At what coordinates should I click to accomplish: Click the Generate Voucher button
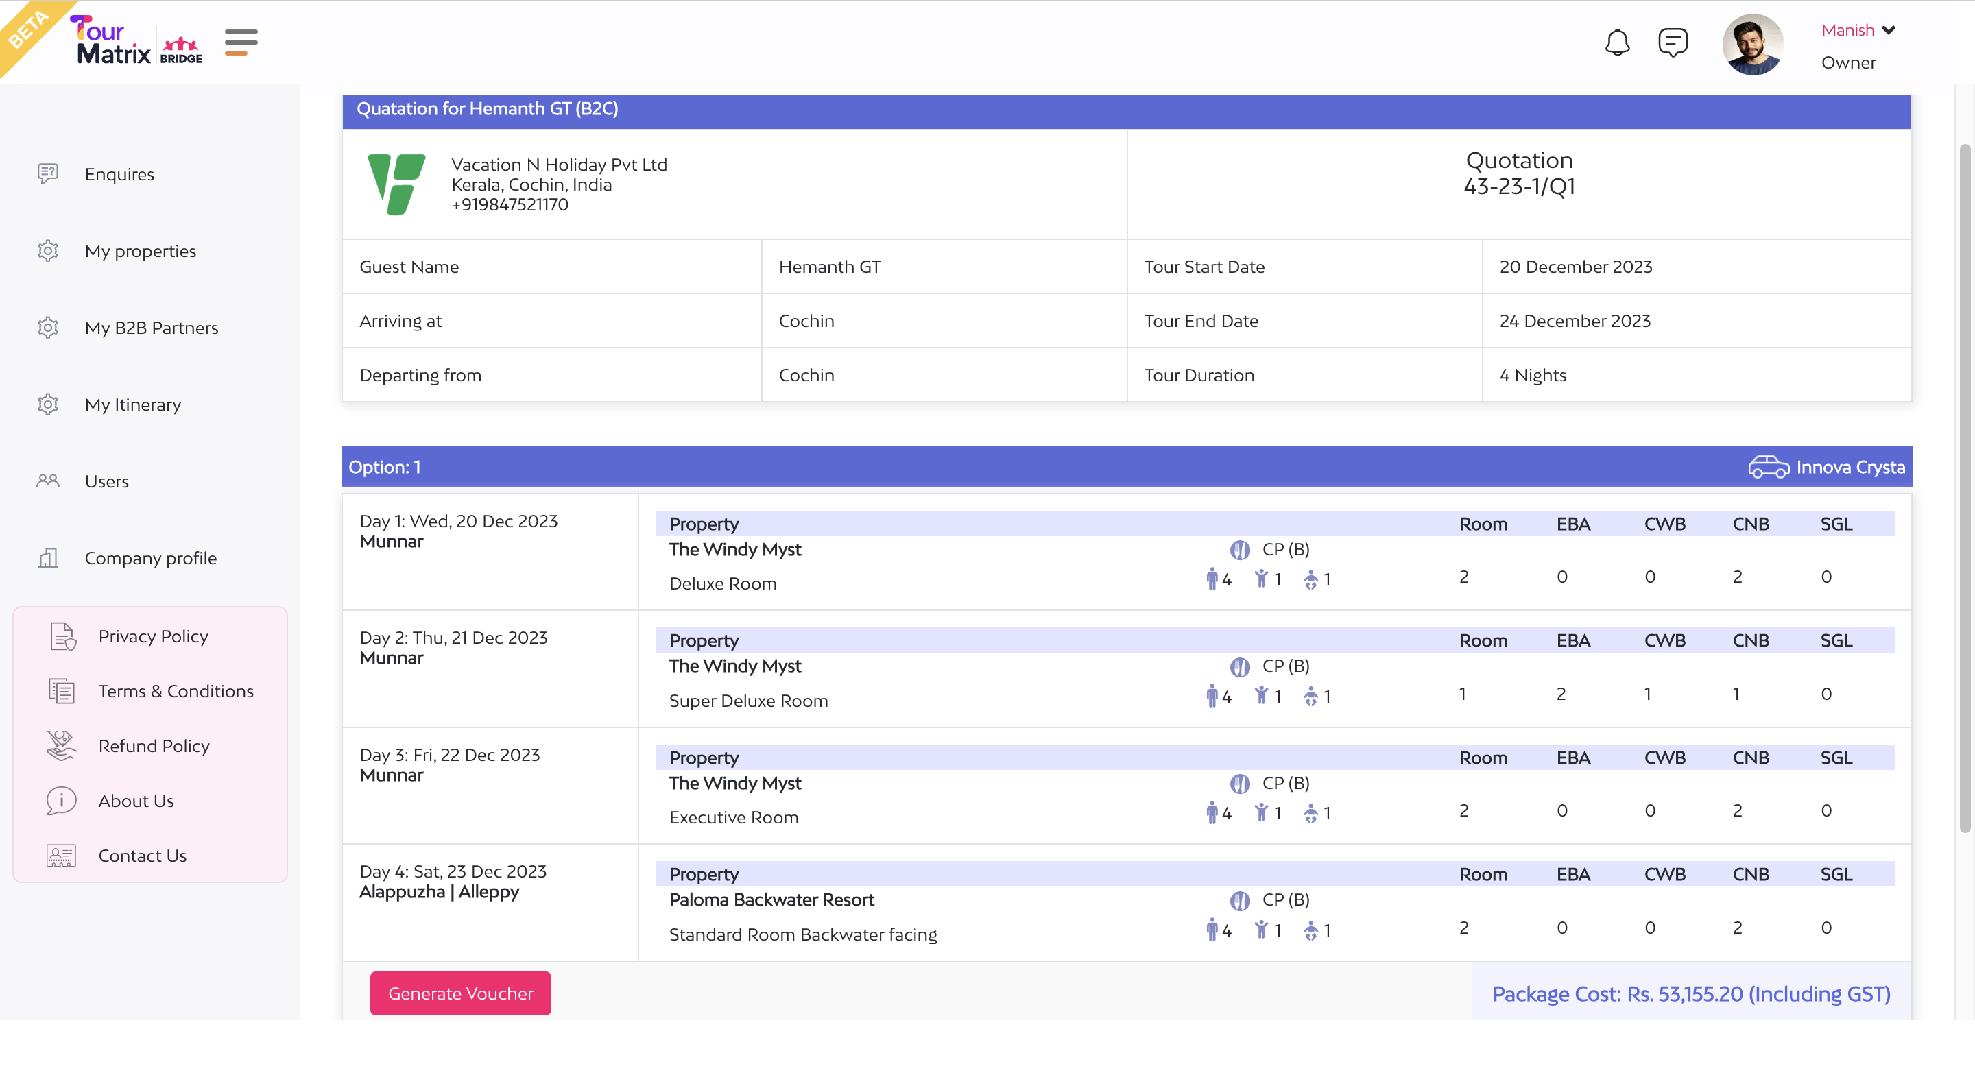[460, 993]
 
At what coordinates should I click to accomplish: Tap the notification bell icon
[1617, 43]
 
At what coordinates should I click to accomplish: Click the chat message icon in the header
[1672, 43]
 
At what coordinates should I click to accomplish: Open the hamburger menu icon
[241, 43]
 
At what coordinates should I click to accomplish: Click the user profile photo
[1752, 45]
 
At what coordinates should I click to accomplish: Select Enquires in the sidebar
[119, 174]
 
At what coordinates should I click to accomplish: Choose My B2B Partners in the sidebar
[151, 328]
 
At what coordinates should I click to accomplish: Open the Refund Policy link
[154, 745]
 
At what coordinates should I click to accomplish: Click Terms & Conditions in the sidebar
[176, 691]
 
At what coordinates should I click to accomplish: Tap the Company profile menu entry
[150, 557]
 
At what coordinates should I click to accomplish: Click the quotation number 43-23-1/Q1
[1519, 186]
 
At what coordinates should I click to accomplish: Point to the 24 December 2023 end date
[1575, 320]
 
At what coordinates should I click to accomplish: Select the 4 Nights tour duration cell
[1533, 375]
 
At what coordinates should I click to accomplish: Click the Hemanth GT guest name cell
[830, 267]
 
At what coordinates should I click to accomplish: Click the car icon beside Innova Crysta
[1768, 467]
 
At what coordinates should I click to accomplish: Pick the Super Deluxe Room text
[748, 700]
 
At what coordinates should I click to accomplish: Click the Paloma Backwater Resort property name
[771, 899]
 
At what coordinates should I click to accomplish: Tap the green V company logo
[396, 184]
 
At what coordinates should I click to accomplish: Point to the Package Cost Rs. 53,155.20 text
[1690, 993]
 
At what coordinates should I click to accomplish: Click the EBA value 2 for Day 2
[1561, 693]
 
